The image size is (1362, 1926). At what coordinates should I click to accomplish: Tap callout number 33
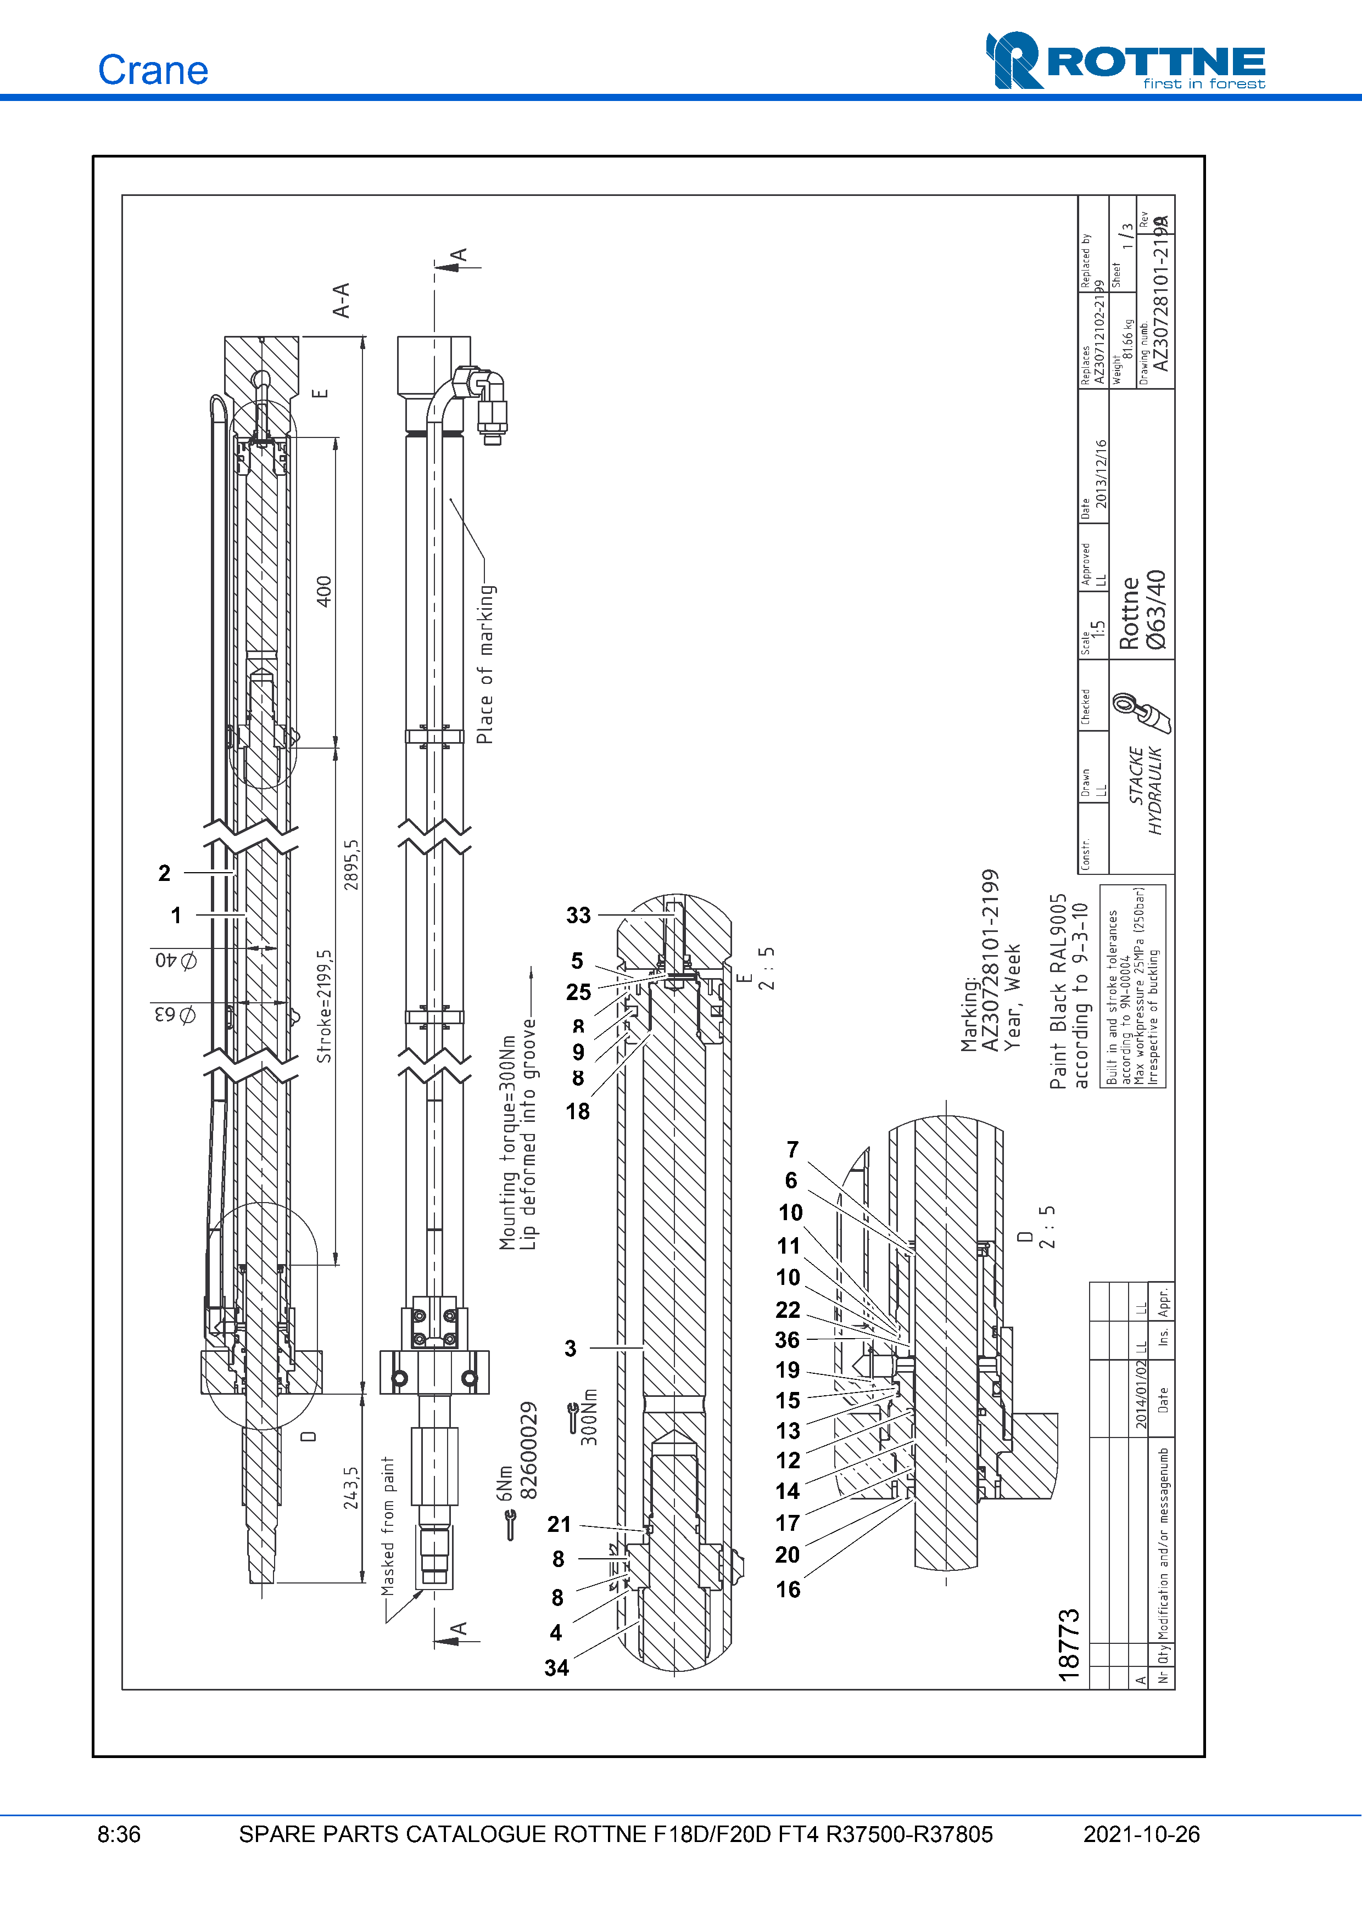(x=578, y=915)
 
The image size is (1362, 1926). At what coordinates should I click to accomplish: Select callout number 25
(x=578, y=992)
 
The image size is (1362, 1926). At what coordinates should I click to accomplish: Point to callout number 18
(x=577, y=1111)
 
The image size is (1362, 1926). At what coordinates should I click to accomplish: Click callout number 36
(x=787, y=1340)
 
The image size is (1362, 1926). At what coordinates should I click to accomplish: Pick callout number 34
(x=556, y=1667)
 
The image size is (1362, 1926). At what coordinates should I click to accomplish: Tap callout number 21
(x=559, y=1524)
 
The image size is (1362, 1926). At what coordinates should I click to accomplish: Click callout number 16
(x=788, y=1590)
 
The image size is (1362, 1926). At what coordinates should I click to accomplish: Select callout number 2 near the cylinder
(x=164, y=873)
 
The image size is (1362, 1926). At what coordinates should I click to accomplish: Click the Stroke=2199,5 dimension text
(x=325, y=1007)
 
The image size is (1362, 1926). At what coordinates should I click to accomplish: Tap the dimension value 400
(x=324, y=591)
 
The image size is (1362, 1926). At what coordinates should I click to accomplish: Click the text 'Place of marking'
(x=486, y=664)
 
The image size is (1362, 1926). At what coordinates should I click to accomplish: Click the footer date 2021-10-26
(x=1141, y=1834)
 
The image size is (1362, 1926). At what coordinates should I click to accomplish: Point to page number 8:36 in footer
(x=119, y=1834)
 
